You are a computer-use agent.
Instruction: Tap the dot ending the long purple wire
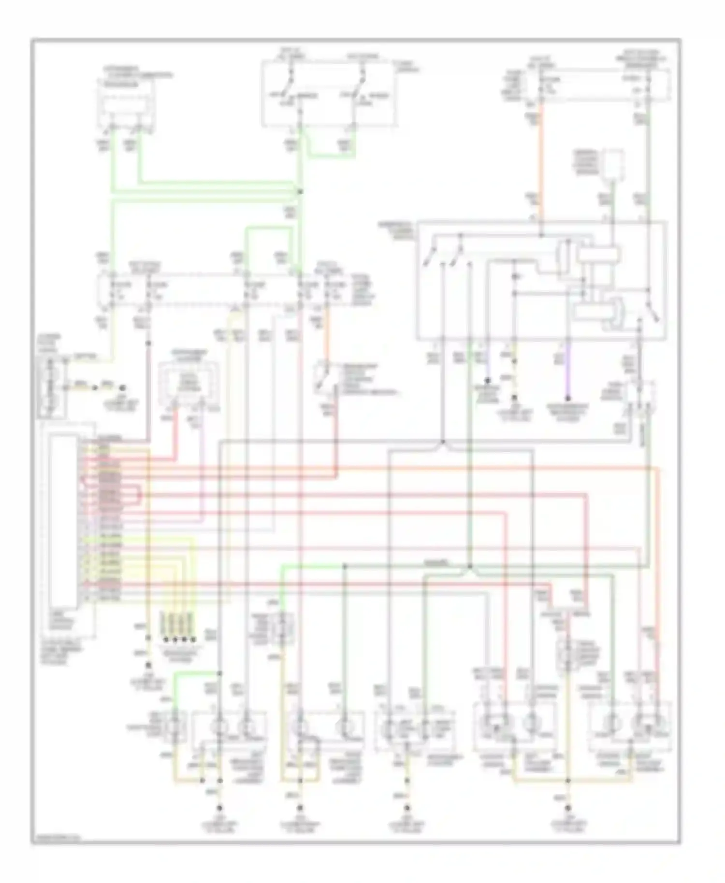click(568, 399)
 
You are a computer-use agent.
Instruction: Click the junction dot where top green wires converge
click(300, 192)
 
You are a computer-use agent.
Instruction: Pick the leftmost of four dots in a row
click(165, 640)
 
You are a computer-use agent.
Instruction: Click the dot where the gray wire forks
click(443, 441)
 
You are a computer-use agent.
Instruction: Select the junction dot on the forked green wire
click(469, 566)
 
